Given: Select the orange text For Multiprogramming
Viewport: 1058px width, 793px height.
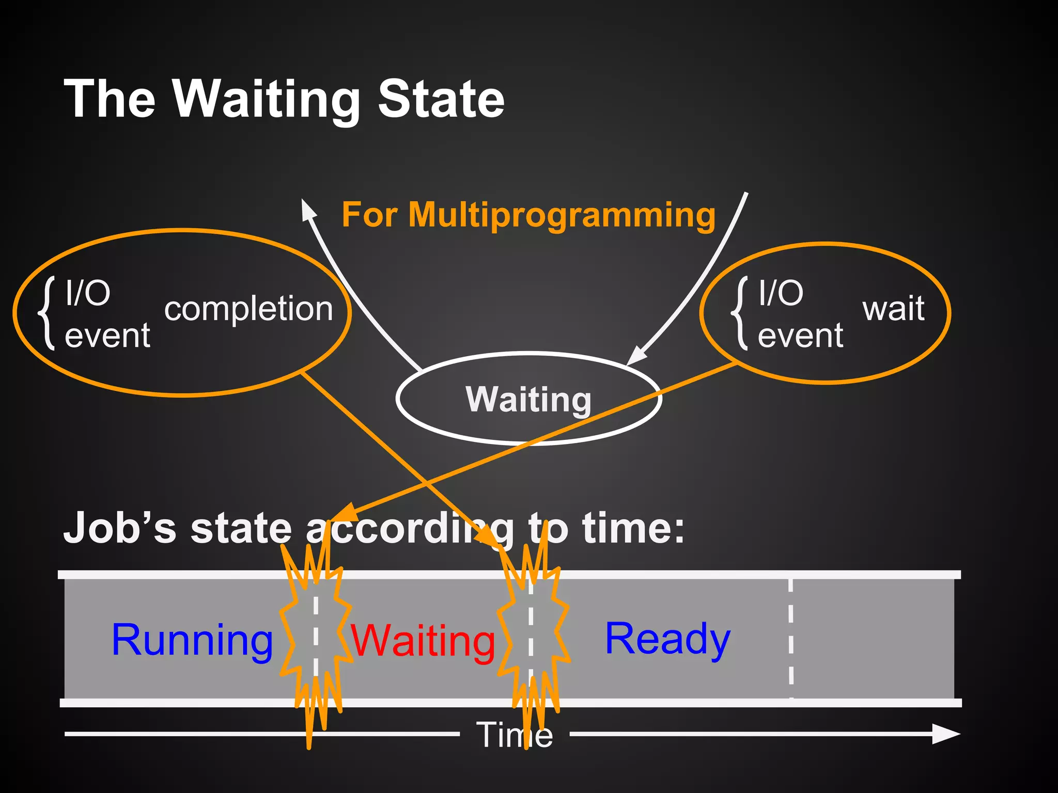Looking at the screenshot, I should tap(528, 214).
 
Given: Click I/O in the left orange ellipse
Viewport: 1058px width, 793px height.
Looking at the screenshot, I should tap(88, 293).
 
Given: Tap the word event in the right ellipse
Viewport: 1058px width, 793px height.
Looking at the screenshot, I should tap(800, 336).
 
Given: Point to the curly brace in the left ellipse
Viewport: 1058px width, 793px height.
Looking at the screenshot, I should tap(48, 313).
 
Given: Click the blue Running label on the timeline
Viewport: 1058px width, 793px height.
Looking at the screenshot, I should tap(192, 640).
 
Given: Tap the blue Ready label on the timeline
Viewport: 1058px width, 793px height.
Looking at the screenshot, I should tap(667, 639).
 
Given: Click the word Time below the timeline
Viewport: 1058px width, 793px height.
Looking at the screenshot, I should tap(514, 734).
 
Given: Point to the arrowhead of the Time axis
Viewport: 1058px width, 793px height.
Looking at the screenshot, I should tap(945, 734).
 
